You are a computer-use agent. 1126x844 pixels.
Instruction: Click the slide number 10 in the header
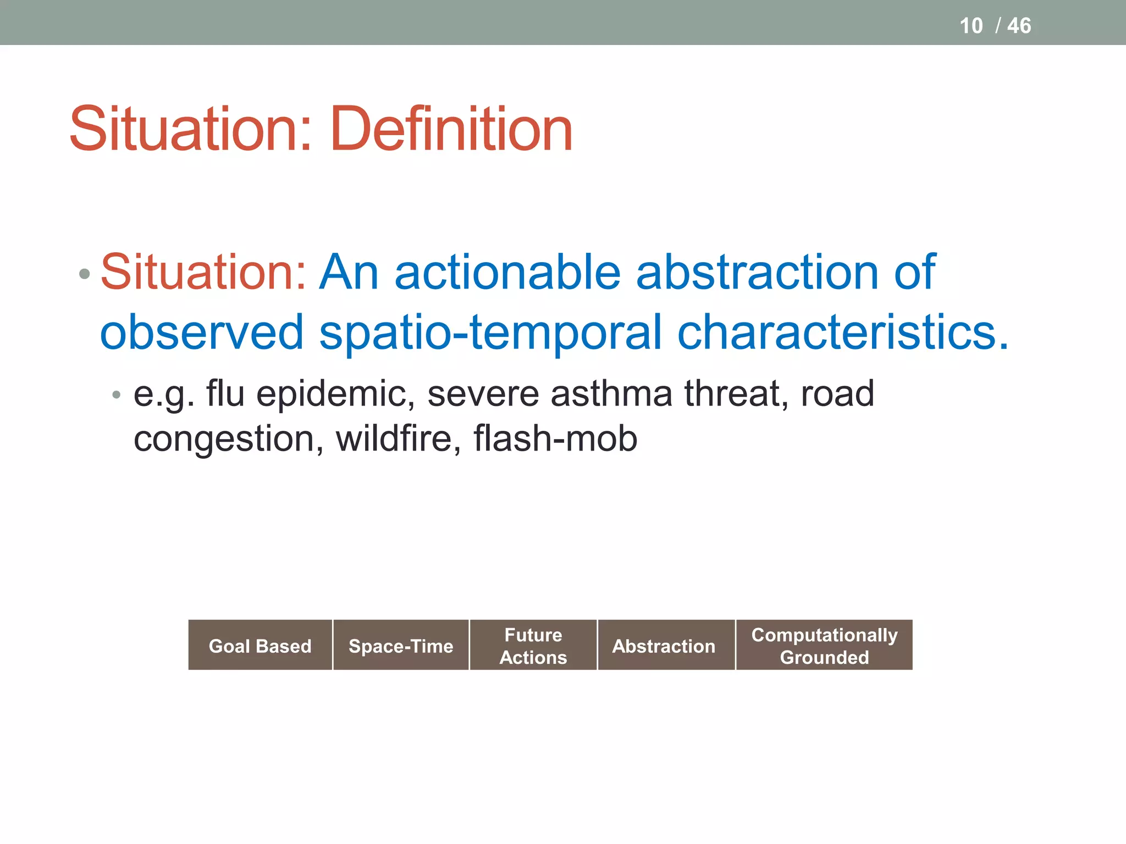coord(971,26)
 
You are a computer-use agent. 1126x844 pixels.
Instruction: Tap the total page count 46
coord(1019,26)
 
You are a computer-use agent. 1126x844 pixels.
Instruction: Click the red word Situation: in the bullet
coord(203,272)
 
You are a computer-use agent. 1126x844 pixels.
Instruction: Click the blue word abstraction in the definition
coord(757,272)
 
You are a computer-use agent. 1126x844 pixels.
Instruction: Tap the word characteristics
coord(842,332)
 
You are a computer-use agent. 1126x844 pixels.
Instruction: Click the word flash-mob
coord(555,438)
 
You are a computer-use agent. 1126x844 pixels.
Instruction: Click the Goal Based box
coord(260,645)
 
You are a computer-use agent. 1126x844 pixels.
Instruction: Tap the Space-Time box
coord(401,645)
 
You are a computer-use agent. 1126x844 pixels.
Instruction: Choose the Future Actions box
coord(533,645)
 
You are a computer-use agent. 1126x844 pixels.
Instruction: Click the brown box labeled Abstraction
coord(664,645)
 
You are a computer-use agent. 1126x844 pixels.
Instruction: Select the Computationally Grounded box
coord(824,645)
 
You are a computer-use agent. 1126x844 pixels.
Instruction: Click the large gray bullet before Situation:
coord(84,274)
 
